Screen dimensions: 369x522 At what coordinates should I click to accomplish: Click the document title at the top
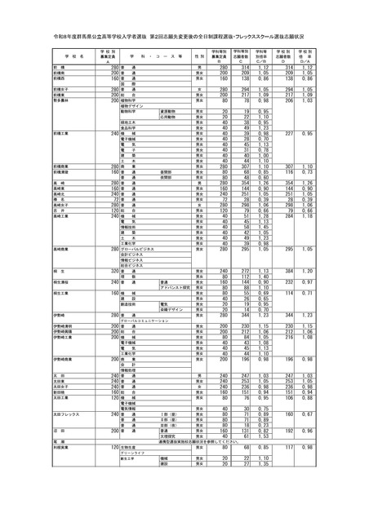click(x=184, y=38)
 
